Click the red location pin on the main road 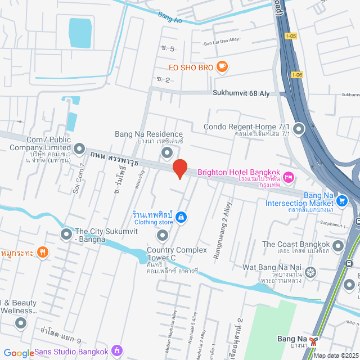tap(179, 169)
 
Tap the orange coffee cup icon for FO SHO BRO tap(222, 66)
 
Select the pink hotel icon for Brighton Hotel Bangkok tap(289, 178)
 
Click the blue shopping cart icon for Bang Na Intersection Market tap(342, 200)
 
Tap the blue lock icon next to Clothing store tap(181, 217)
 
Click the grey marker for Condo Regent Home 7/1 tap(299, 130)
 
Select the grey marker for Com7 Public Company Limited tap(79, 149)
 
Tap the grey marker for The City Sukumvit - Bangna tap(66, 233)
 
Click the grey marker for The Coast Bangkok tap(338, 246)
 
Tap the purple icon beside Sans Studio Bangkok tap(117, 351)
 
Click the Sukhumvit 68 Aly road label tap(241, 94)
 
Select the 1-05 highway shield tap(290, 37)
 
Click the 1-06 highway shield tap(298, 74)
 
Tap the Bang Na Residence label tap(149, 134)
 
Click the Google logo tap(19, 353)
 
